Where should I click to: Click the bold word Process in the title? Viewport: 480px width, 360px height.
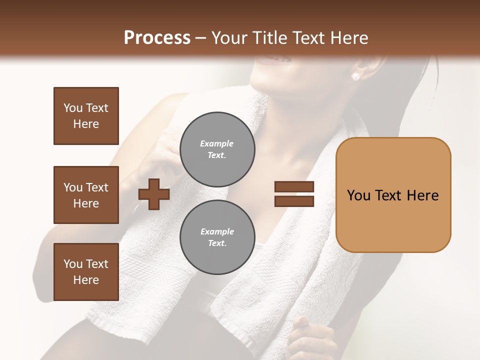point(157,38)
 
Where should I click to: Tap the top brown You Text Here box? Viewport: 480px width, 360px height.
point(86,116)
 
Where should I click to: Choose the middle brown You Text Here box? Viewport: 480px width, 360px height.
point(86,195)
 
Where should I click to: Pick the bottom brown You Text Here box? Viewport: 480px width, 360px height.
point(86,272)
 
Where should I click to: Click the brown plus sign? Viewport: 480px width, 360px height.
point(154,194)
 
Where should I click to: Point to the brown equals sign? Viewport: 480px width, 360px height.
point(294,194)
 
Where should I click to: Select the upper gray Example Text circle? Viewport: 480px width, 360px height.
point(217,149)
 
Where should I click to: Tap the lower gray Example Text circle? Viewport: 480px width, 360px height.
point(217,237)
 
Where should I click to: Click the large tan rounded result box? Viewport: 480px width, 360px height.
point(393,195)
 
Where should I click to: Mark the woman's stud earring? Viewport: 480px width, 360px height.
point(356,76)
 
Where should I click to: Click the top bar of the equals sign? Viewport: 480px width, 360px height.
point(294,187)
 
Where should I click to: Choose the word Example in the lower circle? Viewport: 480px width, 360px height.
point(217,231)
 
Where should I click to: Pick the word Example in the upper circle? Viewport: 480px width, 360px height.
point(217,143)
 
